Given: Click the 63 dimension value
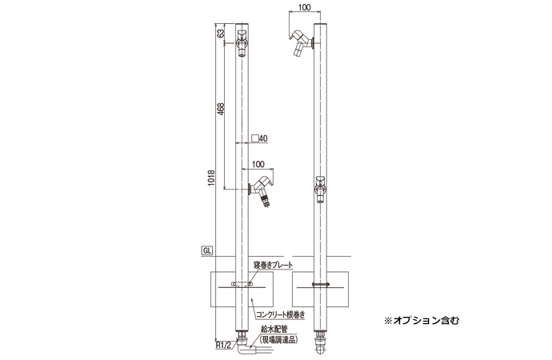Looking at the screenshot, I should coord(220,35).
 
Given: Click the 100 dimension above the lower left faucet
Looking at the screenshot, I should coord(258,164).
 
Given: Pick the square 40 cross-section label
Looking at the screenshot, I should coord(260,138).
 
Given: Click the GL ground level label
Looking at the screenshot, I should coord(206,250).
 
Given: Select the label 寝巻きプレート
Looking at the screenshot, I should coord(273,265).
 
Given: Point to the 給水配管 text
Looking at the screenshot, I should coord(275,328).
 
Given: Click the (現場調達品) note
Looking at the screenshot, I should coord(275,338).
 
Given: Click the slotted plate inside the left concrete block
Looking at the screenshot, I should coord(241,283).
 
